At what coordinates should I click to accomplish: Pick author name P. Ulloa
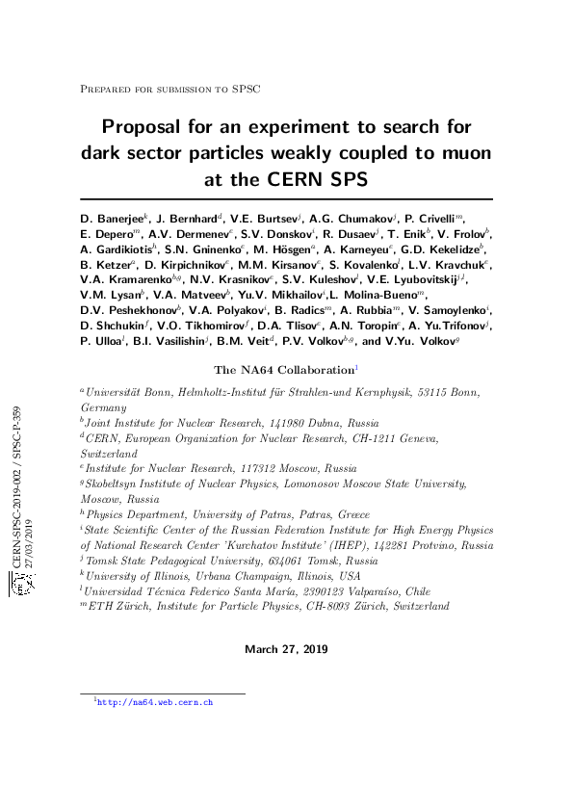coord(102,341)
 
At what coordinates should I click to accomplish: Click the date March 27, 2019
coord(286,649)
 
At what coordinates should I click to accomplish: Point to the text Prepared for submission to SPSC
coord(170,88)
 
